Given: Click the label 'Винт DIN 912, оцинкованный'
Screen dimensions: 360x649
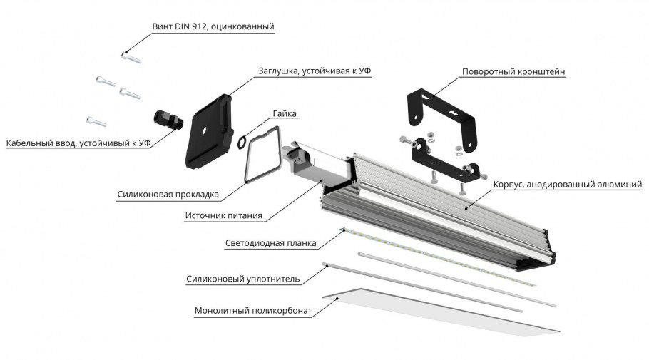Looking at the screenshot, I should (213, 26).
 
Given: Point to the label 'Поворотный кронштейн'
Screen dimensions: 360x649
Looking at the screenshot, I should (514, 71).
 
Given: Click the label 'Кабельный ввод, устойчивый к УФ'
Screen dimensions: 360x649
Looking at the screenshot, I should (78, 143).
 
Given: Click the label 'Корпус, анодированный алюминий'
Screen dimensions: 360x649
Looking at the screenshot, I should (568, 184).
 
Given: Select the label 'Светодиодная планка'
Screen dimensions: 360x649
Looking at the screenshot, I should (270, 242).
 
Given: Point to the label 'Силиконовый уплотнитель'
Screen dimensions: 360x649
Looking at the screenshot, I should (243, 279).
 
